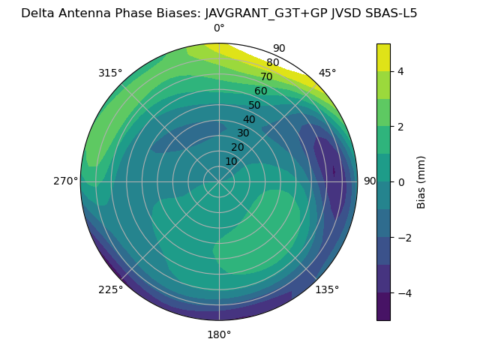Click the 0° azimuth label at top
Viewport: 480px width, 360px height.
pos(219,28)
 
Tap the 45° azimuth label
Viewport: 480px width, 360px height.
pos(327,73)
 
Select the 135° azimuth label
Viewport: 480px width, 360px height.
pos(327,289)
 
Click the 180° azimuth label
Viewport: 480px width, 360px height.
pos(219,334)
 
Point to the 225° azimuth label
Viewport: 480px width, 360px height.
pos(110,290)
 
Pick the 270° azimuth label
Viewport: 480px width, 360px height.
pos(65,181)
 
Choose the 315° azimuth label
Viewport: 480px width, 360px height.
pos(110,73)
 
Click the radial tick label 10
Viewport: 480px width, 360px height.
pos(231,161)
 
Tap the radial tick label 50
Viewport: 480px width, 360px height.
pos(255,105)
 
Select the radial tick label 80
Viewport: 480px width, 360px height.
pos(273,63)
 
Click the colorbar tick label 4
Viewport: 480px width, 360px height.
pos(401,71)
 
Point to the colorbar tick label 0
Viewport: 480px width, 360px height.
pos(401,181)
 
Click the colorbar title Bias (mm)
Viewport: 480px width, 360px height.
pos(421,181)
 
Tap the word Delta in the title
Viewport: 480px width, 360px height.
pos(37,13)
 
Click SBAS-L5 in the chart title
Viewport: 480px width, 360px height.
pos(390,13)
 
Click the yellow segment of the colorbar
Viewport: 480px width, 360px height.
pos(383,58)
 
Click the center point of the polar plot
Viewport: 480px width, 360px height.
pos(219,181)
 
